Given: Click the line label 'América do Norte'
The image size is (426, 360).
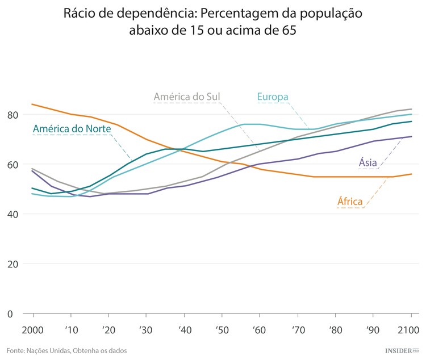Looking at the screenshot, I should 72,129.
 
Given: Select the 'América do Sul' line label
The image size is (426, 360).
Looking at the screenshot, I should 187,97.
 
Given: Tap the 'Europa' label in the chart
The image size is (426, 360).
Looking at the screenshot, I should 273,97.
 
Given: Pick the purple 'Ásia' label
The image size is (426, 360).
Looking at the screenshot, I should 368,163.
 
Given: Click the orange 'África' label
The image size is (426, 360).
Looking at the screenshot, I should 350,201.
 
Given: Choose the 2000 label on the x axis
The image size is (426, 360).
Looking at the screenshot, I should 33,330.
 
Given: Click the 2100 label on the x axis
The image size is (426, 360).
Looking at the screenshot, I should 408,330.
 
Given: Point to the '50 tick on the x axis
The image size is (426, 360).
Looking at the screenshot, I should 222,330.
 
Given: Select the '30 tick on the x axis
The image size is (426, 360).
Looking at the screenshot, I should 146,330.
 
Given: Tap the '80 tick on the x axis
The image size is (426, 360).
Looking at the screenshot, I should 335,330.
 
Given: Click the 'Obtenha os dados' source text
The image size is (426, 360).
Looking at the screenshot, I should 101,351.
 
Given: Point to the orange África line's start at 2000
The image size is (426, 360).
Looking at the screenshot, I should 32,104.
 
